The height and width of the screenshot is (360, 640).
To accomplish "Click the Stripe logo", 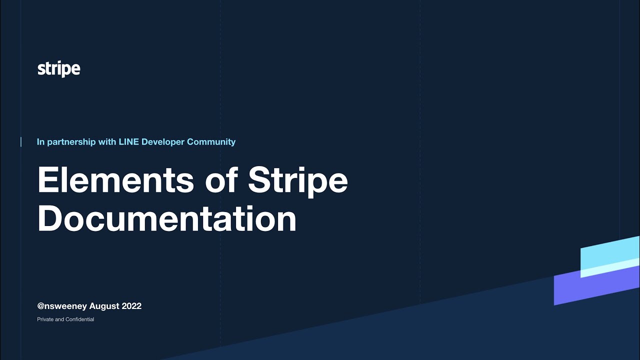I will pyautogui.click(x=58, y=69).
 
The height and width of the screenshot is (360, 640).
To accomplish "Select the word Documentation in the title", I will pyautogui.click(x=167, y=218).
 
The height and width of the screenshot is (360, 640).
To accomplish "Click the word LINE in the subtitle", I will pyautogui.click(x=128, y=142).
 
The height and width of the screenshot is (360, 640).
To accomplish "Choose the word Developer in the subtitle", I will pyautogui.click(x=163, y=142).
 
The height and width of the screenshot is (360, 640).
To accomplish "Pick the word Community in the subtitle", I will pyautogui.click(x=211, y=142).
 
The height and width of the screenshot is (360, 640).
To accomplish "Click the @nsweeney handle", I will pyautogui.click(x=62, y=306).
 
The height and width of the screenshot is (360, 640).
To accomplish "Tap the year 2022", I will pyautogui.click(x=131, y=306).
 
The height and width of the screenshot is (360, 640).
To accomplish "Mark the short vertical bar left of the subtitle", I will pyautogui.click(x=21, y=142).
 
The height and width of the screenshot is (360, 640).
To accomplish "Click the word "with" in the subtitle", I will pyautogui.click(x=107, y=142).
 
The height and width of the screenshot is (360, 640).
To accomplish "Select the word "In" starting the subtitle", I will pyautogui.click(x=40, y=142).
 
